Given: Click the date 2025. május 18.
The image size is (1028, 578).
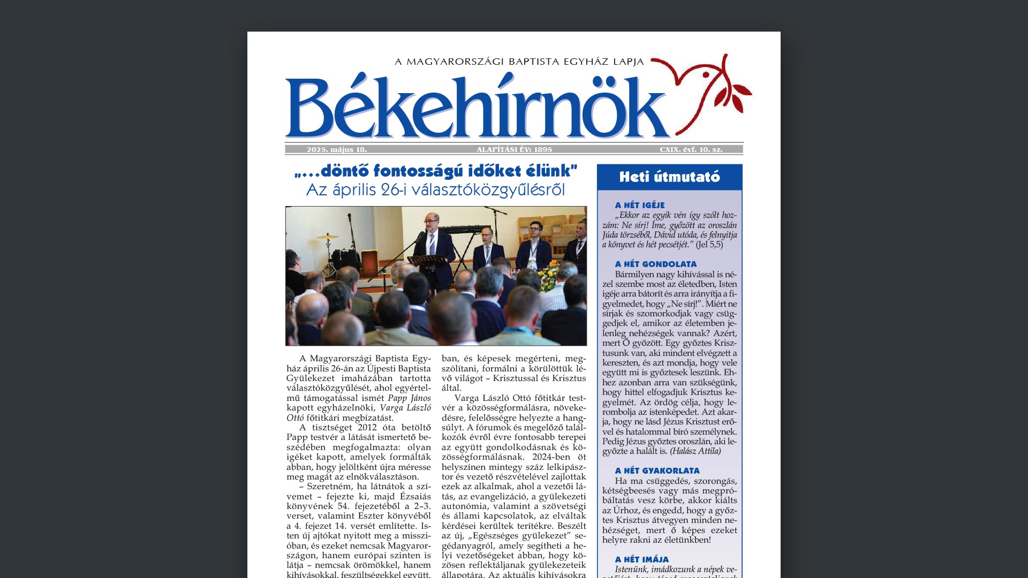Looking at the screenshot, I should (336, 150).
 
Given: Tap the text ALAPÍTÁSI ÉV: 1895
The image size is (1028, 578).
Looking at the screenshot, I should (514, 150).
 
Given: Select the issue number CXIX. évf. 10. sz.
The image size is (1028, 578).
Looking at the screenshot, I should (691, 150).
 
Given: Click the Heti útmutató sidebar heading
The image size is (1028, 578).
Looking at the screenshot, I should (669, 177).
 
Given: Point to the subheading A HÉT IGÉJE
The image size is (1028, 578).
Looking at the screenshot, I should (640, 205).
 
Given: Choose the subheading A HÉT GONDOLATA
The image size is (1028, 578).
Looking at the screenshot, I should (656, 264).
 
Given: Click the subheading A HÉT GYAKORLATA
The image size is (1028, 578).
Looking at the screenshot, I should (657, 470).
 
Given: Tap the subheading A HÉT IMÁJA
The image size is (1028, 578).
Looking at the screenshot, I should (641, 559).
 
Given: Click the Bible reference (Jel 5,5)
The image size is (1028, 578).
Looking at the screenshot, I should (709, 245).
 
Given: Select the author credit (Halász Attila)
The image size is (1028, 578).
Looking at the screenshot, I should (695, 451).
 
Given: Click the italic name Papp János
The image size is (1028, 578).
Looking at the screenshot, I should (409, 398).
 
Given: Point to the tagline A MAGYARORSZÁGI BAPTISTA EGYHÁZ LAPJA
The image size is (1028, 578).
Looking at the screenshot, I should (519, 62).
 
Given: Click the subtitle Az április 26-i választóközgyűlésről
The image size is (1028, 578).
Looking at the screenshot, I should (435, 190).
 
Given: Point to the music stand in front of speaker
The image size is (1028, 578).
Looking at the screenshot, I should (427, 261).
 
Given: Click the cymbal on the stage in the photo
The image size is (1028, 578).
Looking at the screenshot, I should (327, 236).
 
